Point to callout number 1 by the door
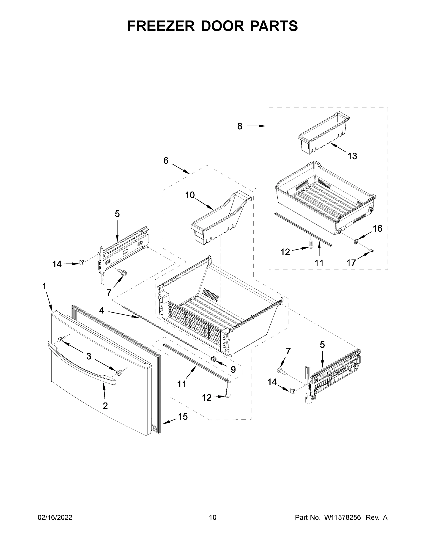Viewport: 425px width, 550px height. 44,286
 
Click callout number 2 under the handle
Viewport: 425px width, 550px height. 105,406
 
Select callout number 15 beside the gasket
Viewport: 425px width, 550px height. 183,417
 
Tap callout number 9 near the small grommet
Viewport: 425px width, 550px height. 233,369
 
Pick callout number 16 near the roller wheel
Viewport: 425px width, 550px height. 377,228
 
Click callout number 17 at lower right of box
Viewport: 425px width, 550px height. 351,263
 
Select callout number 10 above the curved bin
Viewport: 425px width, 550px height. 190,195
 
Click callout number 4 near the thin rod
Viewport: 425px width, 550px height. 101,311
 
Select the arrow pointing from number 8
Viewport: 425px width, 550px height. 256,126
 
